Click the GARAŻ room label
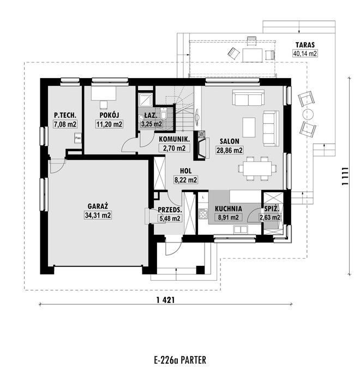(98, 206)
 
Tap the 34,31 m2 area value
(98, 215)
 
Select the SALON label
(230, 141)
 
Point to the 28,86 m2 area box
(230, 150)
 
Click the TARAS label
(305, 45)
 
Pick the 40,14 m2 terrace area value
(305, 54)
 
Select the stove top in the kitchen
(203, 214)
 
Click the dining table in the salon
(257, 168)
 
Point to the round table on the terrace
(308, 115)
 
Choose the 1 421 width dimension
(165, 300)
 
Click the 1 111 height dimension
(344, 176)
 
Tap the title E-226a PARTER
(180, 360)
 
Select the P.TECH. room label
(65, 115)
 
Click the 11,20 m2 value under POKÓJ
(109, 124)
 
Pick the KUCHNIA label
(228, 209)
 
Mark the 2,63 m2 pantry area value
(269, 217)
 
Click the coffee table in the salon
(249, 127)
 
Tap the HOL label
(186, 171)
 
